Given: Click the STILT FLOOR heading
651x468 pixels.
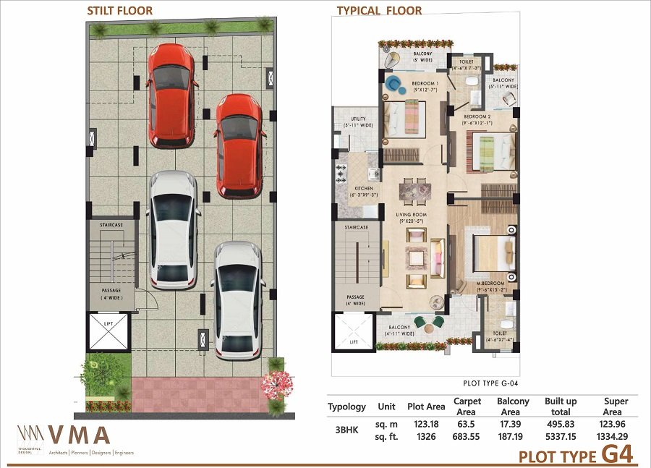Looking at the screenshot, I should coord(119,11).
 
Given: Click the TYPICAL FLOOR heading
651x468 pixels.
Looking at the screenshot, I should coord(379,11).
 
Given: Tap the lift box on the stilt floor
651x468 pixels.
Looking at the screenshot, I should coord(108,331).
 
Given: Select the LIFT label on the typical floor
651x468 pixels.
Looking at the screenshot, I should coord(354,341).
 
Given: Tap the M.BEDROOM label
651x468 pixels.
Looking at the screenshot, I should coord(490,286).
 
